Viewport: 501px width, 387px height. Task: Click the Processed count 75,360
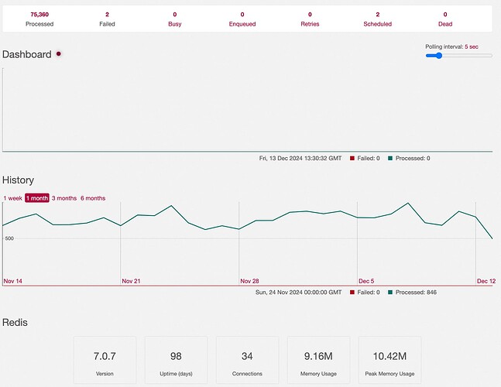39,15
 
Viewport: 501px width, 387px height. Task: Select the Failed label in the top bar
107,24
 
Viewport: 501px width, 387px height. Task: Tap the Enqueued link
242,24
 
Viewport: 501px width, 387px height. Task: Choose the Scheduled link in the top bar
377,24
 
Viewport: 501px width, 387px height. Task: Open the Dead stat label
445,24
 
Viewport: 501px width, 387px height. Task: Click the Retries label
310,24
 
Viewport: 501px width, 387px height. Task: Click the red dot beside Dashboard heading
59,53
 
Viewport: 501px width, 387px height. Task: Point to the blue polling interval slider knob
439,56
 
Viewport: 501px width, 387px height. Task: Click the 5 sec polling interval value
472,46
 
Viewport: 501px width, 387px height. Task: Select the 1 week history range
13,198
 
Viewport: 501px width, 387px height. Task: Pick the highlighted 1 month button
37,198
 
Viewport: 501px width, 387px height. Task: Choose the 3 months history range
64,198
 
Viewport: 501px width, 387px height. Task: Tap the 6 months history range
93,198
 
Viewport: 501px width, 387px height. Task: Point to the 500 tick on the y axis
9,238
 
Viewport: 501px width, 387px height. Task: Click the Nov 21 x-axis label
131,281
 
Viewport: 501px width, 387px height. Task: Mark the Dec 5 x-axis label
366,281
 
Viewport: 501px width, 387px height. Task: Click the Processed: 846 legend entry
412,292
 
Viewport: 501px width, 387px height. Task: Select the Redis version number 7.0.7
105,356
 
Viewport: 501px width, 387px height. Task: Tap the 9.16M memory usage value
318,356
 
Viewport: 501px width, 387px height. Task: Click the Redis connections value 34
247,356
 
